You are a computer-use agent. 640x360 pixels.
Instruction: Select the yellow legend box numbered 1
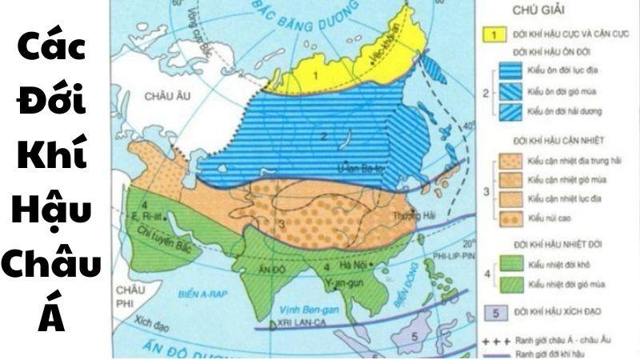click(497, 34)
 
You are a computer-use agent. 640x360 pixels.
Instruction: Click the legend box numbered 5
click(497, 310)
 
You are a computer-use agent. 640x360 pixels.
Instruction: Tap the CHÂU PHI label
click(130, 291)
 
